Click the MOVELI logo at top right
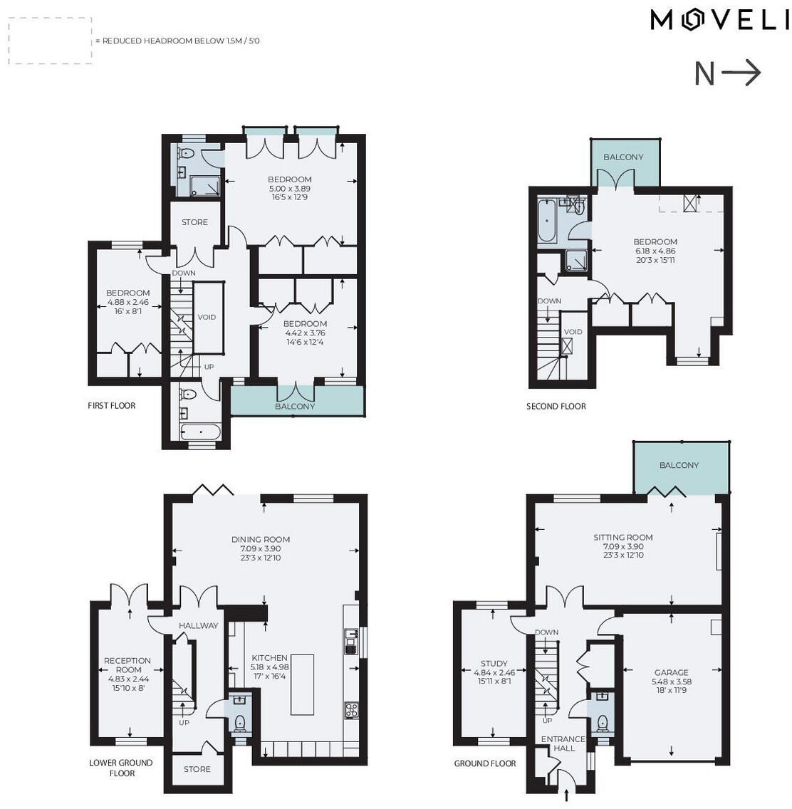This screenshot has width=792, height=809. coord(719,21)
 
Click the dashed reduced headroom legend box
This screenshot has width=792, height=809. coord(50,41)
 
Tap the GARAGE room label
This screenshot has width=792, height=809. coord(671,672)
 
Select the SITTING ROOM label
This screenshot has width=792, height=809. coord(623,538)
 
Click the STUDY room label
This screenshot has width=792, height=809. coord(494,664)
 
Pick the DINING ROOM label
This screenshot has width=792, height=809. coord(261,540)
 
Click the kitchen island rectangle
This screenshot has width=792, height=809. coord(302,684)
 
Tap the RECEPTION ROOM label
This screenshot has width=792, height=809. coord(128,665)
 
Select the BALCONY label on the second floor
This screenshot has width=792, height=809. coord(623,157)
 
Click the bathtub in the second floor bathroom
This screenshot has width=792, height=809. coord(547,221)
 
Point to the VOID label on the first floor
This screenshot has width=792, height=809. coord(207,318)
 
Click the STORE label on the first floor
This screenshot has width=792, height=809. coord(194,222)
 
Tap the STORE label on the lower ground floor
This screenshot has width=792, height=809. coord(197,769)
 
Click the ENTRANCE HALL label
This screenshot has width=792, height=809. coord(563,743)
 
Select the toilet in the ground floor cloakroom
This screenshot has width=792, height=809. coord(603,722)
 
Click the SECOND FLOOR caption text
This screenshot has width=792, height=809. coord(556,407)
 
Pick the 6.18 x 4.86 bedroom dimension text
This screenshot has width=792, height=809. coord(655,251)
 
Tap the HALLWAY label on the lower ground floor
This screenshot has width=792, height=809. coord(198,626)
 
